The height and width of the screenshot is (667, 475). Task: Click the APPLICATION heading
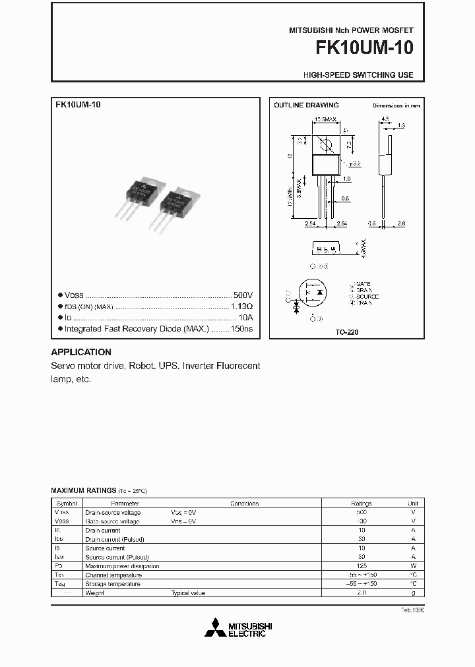click(x=81, y=352)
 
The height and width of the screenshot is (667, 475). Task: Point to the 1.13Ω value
click(x=241, y=306)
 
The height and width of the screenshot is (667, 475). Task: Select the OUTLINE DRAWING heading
click(x=306, y=105)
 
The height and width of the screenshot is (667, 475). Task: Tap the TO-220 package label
click(x=346, y=333)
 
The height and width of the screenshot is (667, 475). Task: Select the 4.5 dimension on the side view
click(x=385, y=119)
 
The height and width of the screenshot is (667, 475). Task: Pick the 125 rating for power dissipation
click(x=362, y=565)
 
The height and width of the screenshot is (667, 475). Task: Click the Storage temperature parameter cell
click(x=113, y=584)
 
